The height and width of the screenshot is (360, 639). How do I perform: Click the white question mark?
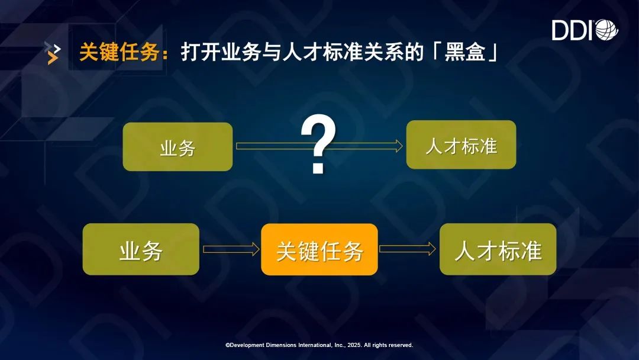coord(318,144)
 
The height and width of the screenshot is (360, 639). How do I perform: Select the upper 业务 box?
coord(177,147)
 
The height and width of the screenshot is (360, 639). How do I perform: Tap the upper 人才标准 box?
coord(461,144)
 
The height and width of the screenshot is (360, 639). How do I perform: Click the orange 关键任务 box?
coord(319,249)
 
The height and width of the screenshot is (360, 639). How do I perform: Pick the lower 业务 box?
coord(141,249)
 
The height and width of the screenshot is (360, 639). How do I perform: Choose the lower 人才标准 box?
coord(498,249)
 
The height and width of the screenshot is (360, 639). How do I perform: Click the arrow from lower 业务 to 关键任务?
coord(231,249)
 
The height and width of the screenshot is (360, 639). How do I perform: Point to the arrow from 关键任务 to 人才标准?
coord(408,249)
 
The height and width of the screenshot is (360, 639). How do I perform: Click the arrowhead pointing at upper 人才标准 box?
coord(398,146)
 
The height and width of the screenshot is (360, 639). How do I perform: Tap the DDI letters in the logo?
coord(573,30)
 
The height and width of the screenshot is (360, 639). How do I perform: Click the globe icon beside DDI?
coord(607,30)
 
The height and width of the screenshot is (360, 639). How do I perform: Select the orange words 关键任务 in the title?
coord(119,52)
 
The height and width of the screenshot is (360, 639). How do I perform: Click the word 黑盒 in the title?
coord(465,52)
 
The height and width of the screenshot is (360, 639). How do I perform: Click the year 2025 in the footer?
coord(354,345)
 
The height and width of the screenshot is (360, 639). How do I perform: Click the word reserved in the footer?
coord(400,345)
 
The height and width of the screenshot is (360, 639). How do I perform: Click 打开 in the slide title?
coord(201,52)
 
